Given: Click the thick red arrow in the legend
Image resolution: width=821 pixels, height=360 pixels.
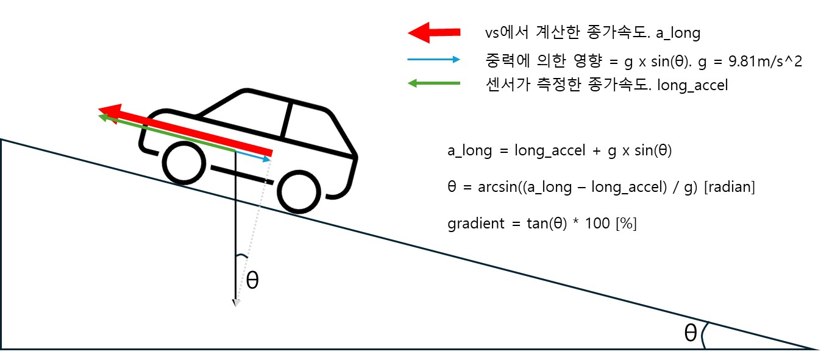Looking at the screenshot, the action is [433, 33].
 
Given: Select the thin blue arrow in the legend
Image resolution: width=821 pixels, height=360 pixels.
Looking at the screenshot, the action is [433, 60].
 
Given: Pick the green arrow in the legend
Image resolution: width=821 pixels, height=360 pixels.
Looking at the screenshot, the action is [433, 83].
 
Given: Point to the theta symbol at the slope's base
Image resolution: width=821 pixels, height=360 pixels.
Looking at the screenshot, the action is [690, 333].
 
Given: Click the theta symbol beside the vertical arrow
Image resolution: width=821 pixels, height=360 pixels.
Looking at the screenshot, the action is [252, 280].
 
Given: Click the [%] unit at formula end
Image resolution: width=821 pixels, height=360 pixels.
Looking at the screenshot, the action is [626, 224].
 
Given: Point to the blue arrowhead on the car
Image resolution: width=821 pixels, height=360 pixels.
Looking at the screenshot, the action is [267, 160].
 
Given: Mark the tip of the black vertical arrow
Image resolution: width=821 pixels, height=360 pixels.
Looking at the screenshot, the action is [235, 303].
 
